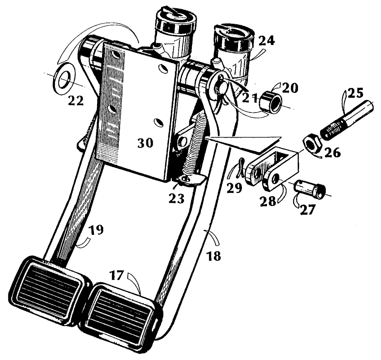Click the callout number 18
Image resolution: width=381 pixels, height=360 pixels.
coord(215,256)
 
